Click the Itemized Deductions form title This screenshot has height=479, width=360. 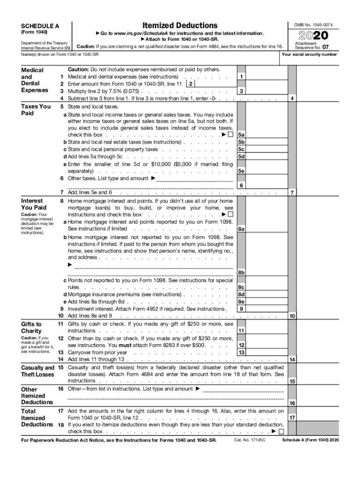180,25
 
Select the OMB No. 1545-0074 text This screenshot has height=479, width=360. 313,24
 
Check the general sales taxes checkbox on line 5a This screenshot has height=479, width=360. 230,135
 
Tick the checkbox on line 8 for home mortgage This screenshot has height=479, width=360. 230,215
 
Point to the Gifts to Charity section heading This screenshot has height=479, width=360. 31,327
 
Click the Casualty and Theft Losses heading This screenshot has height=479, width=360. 37,371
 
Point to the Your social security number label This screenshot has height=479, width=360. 309,55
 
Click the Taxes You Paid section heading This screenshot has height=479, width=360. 36,109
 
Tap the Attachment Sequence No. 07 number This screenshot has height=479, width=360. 332,47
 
